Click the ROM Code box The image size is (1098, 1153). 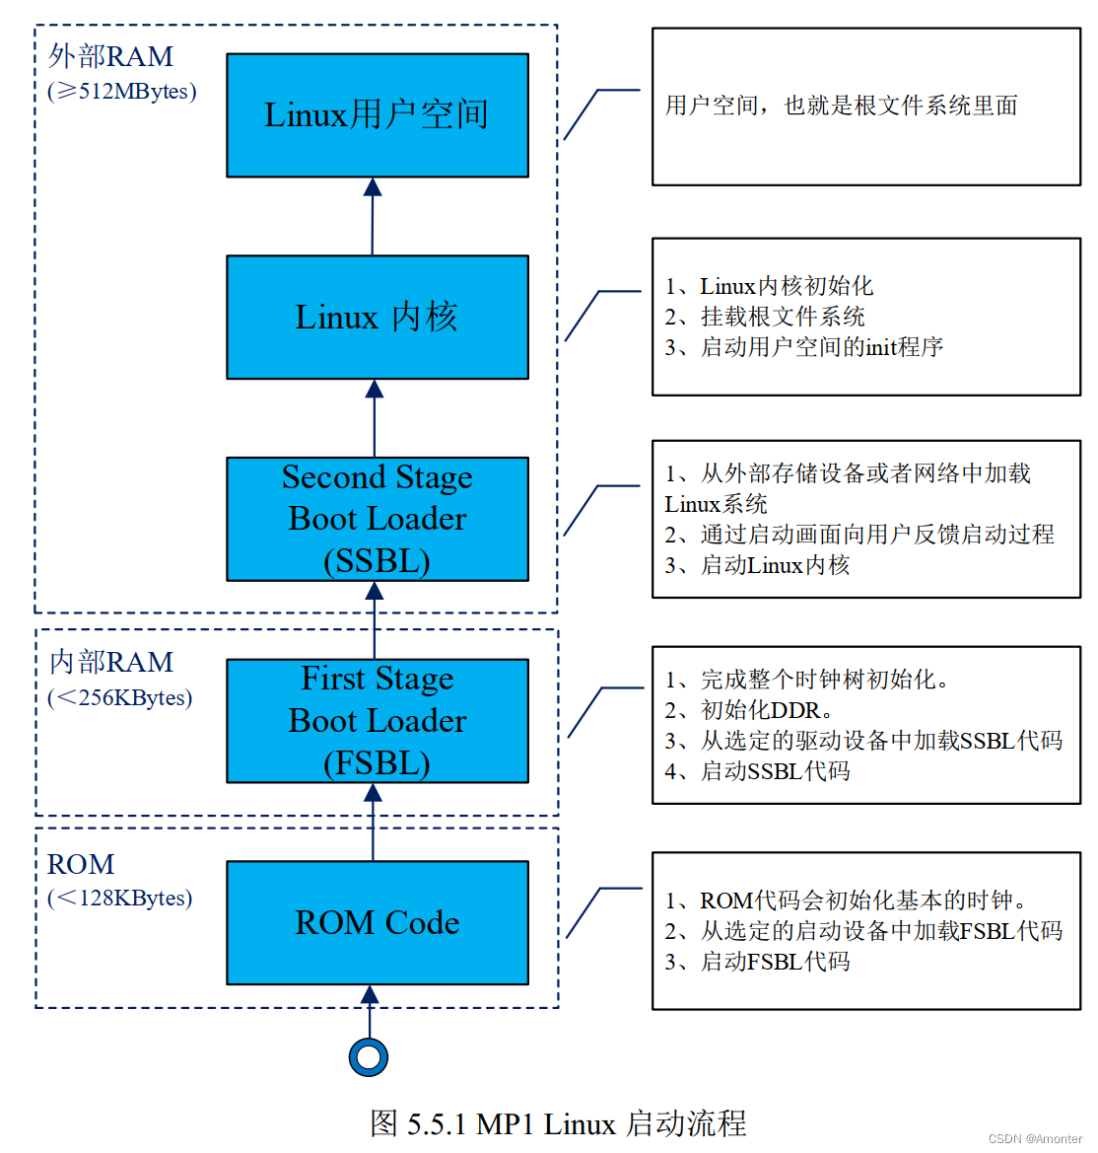pyautogui.click(x=377, y=922)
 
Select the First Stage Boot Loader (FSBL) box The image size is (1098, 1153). pyautogui.click(x=377, y=721)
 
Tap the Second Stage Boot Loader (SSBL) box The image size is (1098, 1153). pyautogui.click(x=377, y=519)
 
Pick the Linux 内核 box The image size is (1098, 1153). pyautogui.click(x=377, y=317)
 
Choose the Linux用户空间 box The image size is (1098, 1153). pyautogui.click(x=377, y=115)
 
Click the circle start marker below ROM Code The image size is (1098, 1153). pyautogui.click(x=369, y=1057)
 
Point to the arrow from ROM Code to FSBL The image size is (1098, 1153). pyautogui.click(x=373, y=822)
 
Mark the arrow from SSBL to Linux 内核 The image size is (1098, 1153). pyautogui.click(x=375, y=417)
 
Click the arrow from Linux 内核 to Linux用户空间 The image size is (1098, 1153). pyautogui.click(x=373, y=216)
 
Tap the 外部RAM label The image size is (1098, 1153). pyautogui.click(x=111, y=56)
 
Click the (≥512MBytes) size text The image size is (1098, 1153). pyautogui.click(x=122, y=91)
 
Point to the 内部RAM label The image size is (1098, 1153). pyautogui.click(x=111, y=661)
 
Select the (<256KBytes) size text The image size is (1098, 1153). pyautogui.click(x=120, y=697)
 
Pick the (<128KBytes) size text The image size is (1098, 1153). pyautogui.click(x=120, y=898)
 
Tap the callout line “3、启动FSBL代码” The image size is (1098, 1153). pyautogui.click(x=758, y=961)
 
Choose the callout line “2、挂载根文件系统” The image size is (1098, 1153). pyautogui.click(x=765, y=317)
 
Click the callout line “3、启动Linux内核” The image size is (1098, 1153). pyautogui.click(x=757, y=565)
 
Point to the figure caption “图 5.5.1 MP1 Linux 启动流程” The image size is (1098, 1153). pyautogui.click(x=558, y=1122)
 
